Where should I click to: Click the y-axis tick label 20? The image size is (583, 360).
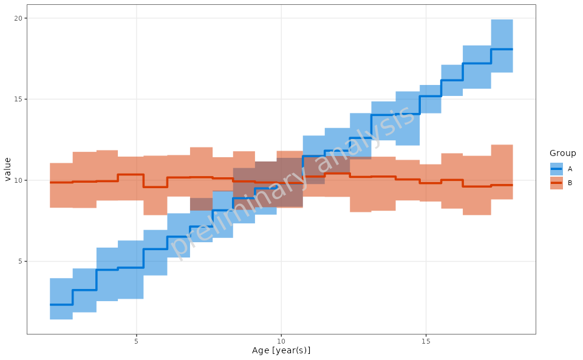click(x=18, y=18)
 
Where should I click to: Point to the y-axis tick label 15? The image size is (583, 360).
click(x=18, y=99)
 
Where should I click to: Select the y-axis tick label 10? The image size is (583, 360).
click(x=18, y=180)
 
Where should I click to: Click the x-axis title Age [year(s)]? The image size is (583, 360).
click(x=281, y=351)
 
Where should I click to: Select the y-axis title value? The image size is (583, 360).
click(x=8, y=169)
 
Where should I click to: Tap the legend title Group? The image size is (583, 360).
click(x=562, y=153)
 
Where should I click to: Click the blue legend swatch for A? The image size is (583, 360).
click(x=556, y=169)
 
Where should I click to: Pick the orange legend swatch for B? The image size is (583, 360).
click(x=556, y=183)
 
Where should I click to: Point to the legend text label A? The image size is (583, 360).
click(x=570, y=169)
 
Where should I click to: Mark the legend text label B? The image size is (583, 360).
click(x=570, y=183)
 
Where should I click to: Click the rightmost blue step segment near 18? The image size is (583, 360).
click(x=502, y=49)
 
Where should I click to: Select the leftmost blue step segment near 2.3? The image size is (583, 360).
click(x=61, y=304)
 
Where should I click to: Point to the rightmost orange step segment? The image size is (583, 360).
click(x=502, y=185)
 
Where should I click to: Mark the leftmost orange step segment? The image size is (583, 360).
click(x=61, y=182)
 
